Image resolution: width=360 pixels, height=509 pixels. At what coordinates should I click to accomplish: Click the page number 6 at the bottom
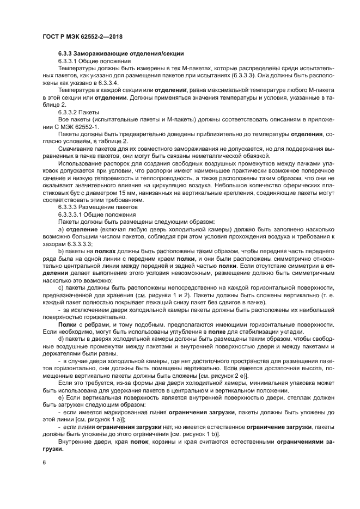44,462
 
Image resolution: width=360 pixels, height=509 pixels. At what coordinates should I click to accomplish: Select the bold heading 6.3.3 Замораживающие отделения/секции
120,54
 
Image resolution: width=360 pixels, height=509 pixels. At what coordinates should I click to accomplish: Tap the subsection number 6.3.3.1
70,62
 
